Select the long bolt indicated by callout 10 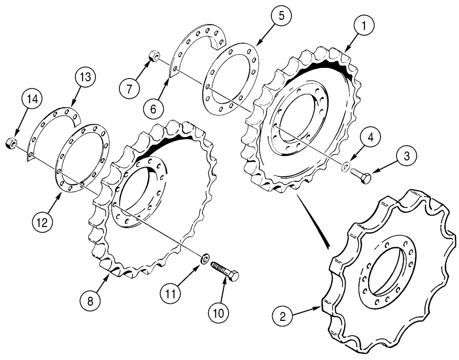coord(225,271)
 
